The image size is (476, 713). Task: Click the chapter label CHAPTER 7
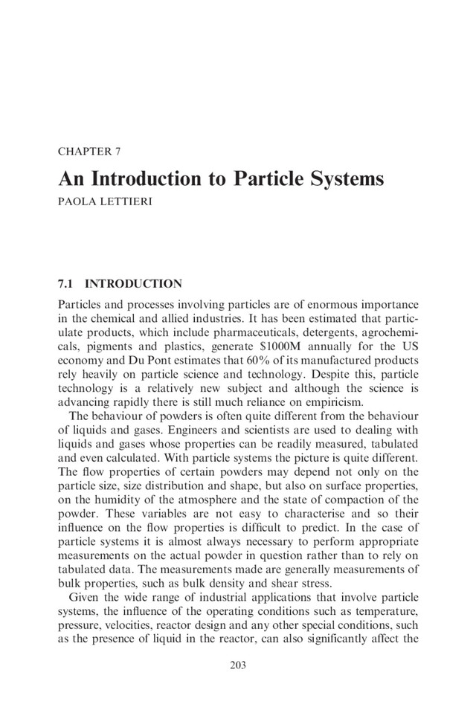point(89,152)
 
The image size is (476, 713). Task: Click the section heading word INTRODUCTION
point(134,283)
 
